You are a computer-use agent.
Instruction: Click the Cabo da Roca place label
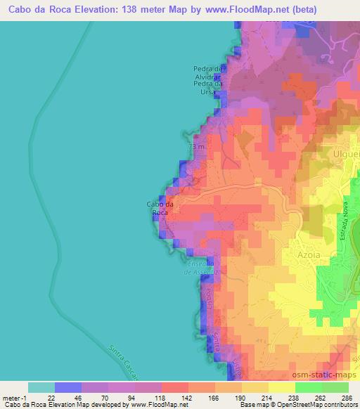click(157, 208)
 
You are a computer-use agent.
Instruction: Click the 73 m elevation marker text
click(196, 147)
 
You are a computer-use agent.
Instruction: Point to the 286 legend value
click(344, 397)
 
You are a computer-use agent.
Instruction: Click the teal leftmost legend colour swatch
click(41, 387)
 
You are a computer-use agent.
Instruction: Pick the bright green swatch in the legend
click(309, 387)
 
